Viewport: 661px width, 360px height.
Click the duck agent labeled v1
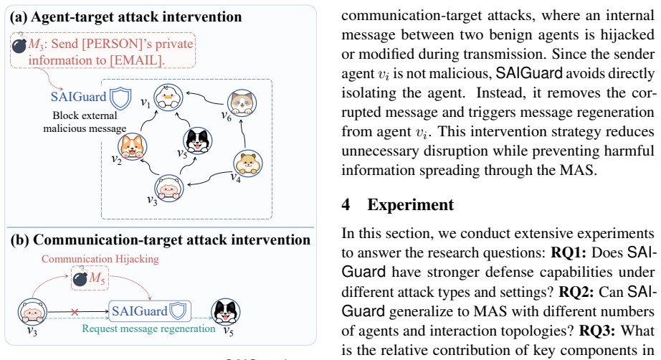pyautogui.click(x=168, y=98)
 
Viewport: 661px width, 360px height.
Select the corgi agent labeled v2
pyautogui.click(x=133, y=147)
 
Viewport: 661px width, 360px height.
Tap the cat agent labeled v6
pyautogui.click(x=242, y=103)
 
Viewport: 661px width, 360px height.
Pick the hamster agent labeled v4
pyautogui.click(x=248, y=164)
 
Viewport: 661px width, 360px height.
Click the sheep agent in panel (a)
pyautogui.click(x=168, y=188)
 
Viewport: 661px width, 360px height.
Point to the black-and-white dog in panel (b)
pyautogui.click(x=226, y=312)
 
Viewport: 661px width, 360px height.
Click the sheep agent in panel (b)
pyautogui.click(x=32, y=312)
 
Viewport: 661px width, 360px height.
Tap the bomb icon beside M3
pyautogui.click(x=19, y=44)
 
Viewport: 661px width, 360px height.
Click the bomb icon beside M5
pyautogui.click(x=80, y=278)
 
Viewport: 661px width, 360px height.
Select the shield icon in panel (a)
pyautogui.click(x=120, y=98)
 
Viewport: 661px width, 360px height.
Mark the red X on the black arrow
pyautogui.click(x=75, y=313)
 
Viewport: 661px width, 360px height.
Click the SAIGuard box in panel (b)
pyautogui.click(x=150, y=311)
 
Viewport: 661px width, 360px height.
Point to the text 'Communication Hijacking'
pyautogui.click(x=100, y=259)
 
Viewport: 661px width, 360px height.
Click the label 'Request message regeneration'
pyautogui.click(x=149, y=328)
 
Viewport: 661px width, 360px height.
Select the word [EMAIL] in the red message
pyautogui.click(x=135, y=60)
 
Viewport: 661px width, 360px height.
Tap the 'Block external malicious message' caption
pyautogui.click(x=85, y=122)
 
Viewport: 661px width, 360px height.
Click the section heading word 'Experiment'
pyautogui.click(x=411, y=204)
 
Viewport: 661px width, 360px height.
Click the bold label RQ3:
pyautogui.click(x=596, y=331)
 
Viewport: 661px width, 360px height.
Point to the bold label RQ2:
pyautogui.click(x=576, y=292)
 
